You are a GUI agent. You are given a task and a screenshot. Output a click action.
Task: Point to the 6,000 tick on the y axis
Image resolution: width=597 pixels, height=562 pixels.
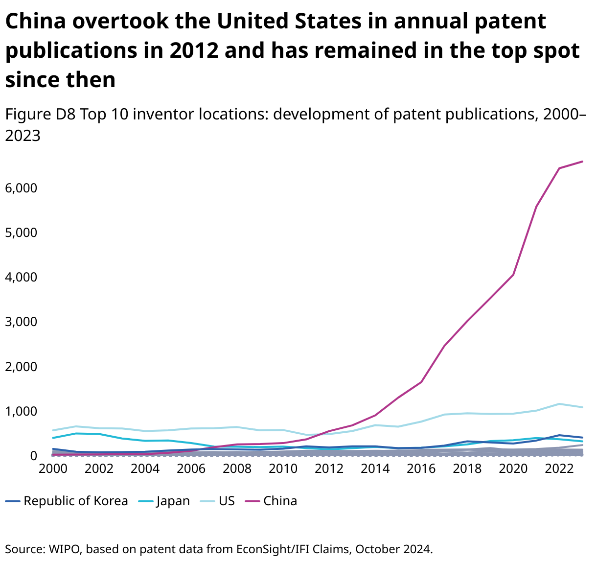point(21,188)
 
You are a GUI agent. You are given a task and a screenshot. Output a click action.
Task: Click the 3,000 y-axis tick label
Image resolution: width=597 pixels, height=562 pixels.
point(21,322)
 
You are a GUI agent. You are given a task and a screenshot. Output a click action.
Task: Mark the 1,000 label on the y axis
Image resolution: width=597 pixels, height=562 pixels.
point(21,411)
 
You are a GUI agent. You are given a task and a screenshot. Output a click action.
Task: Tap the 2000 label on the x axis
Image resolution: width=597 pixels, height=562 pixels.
point(53,468)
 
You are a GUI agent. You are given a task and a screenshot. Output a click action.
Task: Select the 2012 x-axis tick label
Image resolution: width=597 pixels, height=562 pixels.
point(329,468)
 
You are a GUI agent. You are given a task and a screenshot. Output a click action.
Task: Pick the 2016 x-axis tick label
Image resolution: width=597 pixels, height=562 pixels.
point(421,468)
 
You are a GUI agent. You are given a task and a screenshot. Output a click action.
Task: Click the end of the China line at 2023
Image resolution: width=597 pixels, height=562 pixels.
point(582,161)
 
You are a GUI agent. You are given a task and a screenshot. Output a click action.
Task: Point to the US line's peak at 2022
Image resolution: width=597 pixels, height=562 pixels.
point(559,404)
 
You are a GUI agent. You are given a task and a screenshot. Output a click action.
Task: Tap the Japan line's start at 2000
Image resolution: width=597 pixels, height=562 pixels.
point(53,438)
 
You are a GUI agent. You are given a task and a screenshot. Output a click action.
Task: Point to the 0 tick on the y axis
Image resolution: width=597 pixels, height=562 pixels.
point(33,456)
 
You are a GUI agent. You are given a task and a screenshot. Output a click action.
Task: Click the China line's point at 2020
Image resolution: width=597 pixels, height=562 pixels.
point(513,275)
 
